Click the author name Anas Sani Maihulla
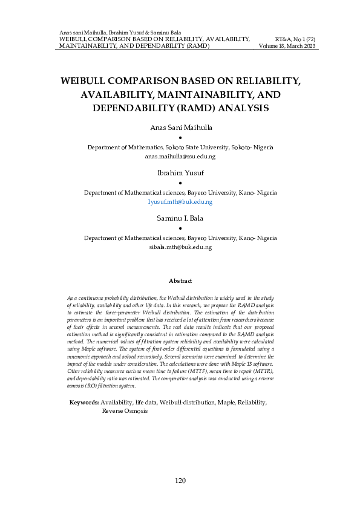pos(180,128)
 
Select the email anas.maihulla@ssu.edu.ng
pos(180,157)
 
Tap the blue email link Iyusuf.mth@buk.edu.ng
pos(180,202)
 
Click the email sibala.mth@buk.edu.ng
pos(180,247)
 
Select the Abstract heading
pos(180,281)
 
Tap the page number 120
pos(180,481)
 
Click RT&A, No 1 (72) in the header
pos(295,38)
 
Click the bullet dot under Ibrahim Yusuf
pos(180,183)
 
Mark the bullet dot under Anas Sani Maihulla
pos(180,138)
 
